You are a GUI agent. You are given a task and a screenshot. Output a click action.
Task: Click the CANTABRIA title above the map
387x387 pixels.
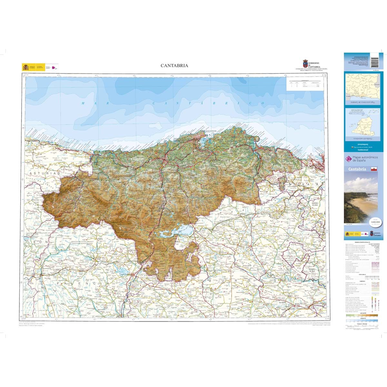[174, 65]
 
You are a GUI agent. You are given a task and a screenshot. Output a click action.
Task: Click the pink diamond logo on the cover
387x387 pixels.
[348, 159]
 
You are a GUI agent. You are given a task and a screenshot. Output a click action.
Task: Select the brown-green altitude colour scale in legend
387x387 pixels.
[360, 315]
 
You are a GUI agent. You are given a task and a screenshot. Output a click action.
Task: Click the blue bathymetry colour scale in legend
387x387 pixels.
[360, 321]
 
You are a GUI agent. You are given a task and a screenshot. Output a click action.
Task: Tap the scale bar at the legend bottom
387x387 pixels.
[360, 326]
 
